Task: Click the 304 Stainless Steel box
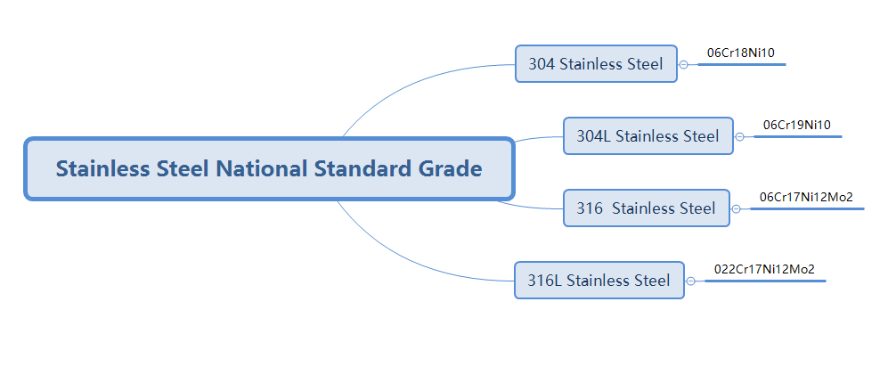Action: coord(596,64)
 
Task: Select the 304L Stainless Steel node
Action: coord(648,136)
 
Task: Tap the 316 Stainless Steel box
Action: coord(646,208)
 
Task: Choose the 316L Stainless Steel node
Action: coord(599,281)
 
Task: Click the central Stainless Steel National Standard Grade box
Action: coord(269,168)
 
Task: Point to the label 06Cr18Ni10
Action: coord(740,53)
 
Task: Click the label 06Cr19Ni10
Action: coord(796,125)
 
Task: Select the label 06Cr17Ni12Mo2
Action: coord(806,197)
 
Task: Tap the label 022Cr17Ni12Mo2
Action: coord(764,268)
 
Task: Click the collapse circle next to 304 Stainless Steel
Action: coord(683,65)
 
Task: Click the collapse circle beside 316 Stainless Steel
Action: coord(736,209)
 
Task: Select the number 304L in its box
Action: coord(593,136)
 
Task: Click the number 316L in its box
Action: coord(544,281)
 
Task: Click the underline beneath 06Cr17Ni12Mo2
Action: coord(806,209)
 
